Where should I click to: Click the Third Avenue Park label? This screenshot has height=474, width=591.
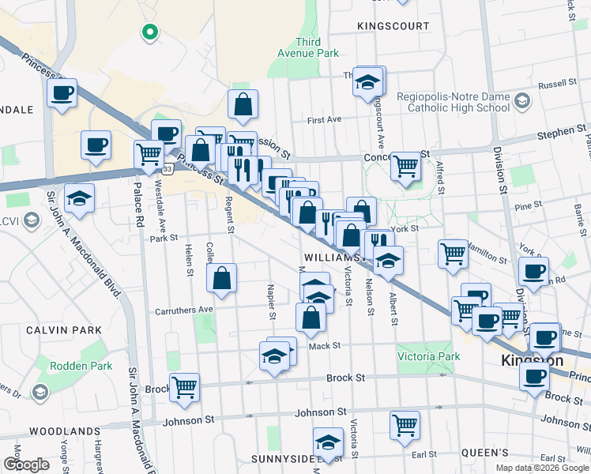point(307,47)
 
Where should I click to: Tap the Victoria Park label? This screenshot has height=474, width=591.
point(428,356)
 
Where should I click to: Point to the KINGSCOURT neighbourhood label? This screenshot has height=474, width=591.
point(393,26)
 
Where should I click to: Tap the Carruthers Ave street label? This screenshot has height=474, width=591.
point(184,309)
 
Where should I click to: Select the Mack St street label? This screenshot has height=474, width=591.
point(324,345)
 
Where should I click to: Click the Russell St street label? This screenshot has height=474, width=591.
point(557,84)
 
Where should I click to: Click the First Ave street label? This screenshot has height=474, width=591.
point(324,120)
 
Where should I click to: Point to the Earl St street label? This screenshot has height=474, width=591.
point(423,454)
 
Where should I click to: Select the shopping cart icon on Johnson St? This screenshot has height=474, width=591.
point(405,424)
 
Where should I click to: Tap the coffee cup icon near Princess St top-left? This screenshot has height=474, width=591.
point(61,92)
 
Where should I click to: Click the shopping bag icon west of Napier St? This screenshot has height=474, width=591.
point(222,277)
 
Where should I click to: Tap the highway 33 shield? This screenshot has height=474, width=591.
point(167,169)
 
